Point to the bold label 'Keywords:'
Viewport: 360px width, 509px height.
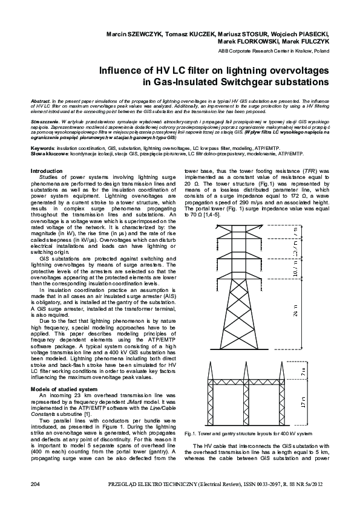pyautogui.click(x=42, y=148)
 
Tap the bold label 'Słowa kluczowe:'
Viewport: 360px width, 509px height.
pyautogui.click(x=50, y=154)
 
